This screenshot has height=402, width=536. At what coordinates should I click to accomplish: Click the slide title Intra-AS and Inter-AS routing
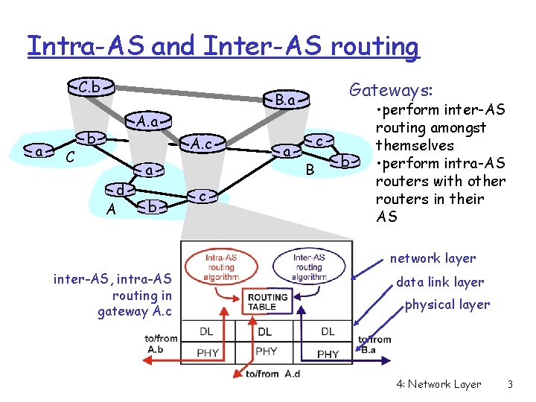223,46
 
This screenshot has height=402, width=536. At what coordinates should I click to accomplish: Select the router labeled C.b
90,86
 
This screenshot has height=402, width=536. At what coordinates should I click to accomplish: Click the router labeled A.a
145,120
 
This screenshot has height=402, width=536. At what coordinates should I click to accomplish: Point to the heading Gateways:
390,91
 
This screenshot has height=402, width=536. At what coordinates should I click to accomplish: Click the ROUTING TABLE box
265,301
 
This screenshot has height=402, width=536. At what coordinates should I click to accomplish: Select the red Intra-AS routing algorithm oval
222,267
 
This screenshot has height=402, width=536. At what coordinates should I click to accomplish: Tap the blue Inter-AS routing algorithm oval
308,267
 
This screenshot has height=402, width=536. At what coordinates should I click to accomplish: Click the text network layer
433,258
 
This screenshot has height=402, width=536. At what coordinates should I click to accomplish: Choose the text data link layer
440,282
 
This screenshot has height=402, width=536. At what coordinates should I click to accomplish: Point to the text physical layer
447,304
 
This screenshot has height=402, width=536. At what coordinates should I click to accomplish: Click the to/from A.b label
162,343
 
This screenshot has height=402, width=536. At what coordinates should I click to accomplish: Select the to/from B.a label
374,344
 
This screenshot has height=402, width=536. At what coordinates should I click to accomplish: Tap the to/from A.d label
272,374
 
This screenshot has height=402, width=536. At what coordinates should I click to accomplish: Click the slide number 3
510,384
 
